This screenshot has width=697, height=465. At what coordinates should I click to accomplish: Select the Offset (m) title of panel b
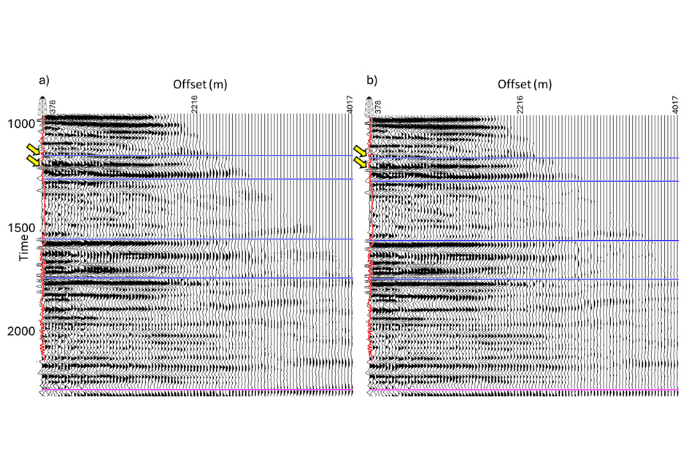pos(524,84)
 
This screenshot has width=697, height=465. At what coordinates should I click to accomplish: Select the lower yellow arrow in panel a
pos(32,163)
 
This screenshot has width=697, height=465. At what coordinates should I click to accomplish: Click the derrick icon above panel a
pos(42,105)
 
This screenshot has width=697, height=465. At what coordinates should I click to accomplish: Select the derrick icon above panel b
pos(369,105)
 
